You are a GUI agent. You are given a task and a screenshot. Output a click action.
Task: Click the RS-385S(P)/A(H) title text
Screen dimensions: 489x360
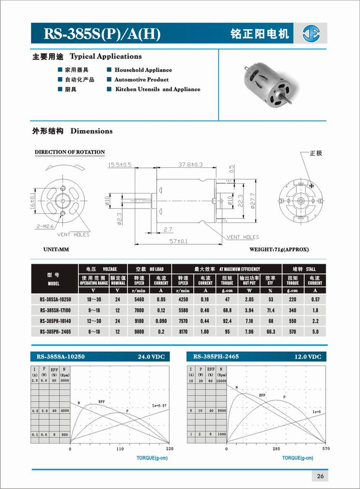102,34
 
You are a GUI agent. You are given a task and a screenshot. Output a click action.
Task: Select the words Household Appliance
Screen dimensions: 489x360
143,70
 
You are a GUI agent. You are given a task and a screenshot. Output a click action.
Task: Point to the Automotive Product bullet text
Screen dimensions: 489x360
142,80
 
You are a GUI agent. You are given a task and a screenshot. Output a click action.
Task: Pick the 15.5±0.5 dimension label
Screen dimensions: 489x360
120,165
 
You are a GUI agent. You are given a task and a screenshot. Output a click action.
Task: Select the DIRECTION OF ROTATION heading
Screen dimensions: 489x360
70,152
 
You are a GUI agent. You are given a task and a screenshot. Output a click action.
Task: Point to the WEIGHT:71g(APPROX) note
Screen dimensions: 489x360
279,250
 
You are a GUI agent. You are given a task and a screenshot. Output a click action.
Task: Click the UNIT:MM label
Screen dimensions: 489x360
57,250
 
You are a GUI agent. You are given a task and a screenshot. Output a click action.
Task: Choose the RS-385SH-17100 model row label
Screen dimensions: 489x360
55,310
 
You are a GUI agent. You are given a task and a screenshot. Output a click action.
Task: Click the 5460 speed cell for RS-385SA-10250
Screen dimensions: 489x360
139,300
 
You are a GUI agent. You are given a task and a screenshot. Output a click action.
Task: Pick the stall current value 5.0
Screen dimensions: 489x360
315,331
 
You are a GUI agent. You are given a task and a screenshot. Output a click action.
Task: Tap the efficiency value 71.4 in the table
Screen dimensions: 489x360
270,310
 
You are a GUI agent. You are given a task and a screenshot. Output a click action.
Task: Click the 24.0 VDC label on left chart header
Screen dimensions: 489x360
151,357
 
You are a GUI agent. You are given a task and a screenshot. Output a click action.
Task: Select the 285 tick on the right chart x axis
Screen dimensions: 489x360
276,449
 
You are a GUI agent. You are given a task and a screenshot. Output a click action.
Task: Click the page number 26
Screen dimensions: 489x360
320,476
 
